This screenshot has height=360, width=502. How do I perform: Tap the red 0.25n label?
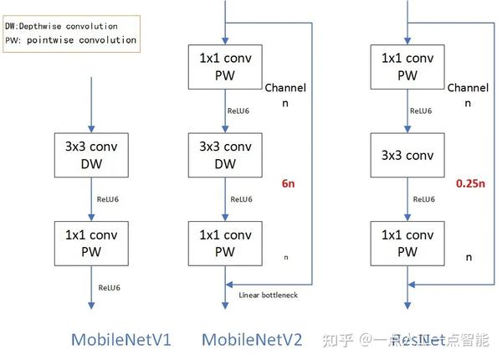tap(470, 182)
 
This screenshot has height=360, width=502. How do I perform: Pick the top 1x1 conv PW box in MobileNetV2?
tap(225, 66)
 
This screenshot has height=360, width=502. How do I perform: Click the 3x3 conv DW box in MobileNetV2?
tap(225, 155)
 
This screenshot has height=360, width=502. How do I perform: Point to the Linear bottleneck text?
tap(267, 295)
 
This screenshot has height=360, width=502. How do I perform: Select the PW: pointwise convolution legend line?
tap(70, 39)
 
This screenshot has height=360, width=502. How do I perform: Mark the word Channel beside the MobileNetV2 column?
tap(285, 88)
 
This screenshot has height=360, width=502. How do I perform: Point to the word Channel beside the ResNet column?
tap(468, 88)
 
